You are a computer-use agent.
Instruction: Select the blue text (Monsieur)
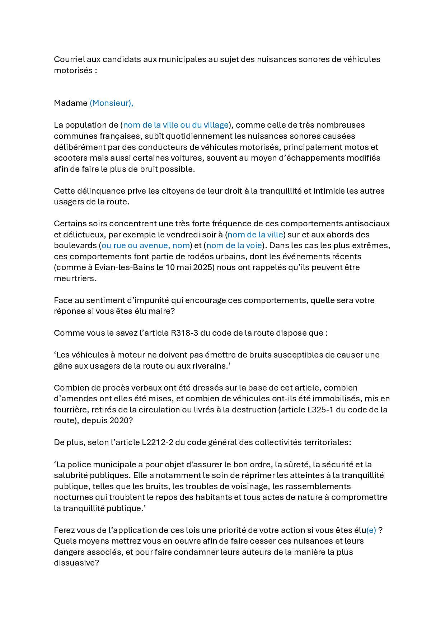(111, 103)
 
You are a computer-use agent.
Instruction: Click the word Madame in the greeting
(71, 103)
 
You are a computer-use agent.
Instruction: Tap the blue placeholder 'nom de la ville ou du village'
(176, 125)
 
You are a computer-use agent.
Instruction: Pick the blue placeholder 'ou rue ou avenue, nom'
(146, 246)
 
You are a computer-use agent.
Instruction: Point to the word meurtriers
(75, 279)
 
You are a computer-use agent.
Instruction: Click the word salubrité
(70, 476)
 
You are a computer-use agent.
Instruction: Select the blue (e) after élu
(371, 530)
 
